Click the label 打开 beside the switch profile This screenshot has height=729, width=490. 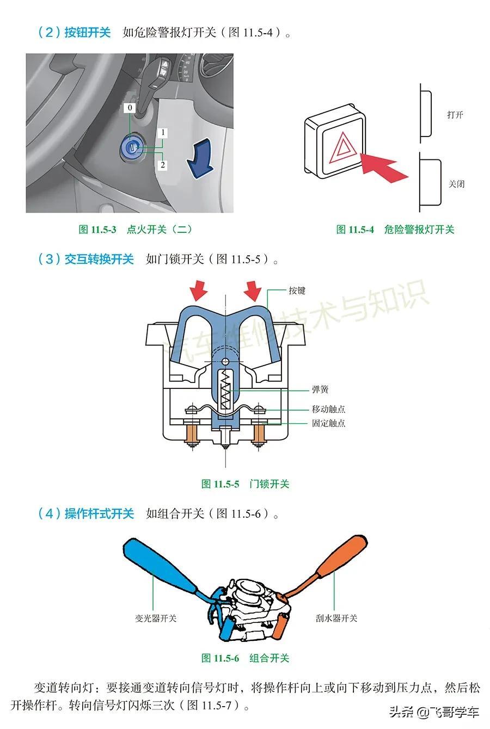click(x=455, y=115)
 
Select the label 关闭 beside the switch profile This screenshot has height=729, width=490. click(x=456, y=184)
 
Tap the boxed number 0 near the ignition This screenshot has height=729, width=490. click(x=130, y=108)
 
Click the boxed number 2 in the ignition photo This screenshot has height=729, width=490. click(x=162, y=164)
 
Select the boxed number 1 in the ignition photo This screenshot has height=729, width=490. click(x=162, y=133)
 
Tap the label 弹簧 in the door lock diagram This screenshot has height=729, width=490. click(x=320, y=390)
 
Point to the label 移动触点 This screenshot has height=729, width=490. click(x=328, y=409)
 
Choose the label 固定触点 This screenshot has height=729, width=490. click(x=328, y=423)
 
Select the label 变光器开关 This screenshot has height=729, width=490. click(x=156, y=618)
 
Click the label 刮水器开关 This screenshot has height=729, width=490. click(x=336, y=618)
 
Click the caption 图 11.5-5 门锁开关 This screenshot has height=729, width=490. click(x=245, y=484)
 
